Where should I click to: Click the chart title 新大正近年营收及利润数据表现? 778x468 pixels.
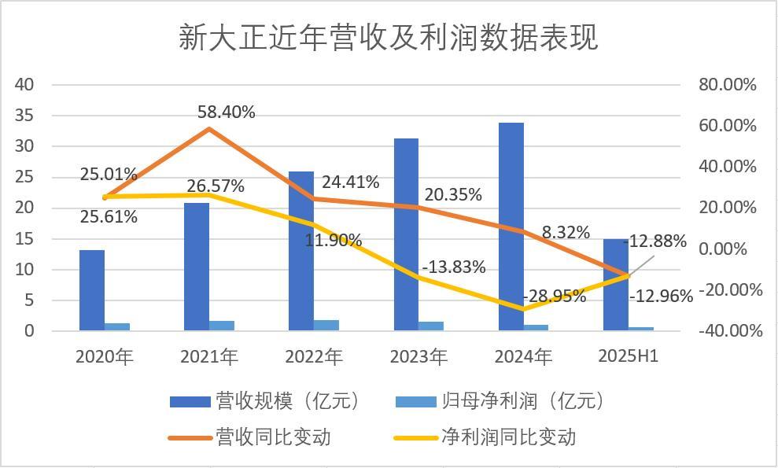(x=388, y=37)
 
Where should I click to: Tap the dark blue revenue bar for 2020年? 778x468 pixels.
(x=92, y=290)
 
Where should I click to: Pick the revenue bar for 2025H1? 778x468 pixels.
(x=615, y=285)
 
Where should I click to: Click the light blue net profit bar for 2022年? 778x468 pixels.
(x=326, y=325)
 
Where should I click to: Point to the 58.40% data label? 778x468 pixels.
(x=227, y=112)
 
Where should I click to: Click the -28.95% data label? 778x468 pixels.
(x=554, y=297)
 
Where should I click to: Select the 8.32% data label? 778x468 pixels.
(x=566, y=232)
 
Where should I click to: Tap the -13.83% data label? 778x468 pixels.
(x=453, y=267)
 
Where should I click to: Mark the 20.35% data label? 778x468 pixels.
(x=453, y=195)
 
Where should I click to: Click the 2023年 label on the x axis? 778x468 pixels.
(x=418, y=356)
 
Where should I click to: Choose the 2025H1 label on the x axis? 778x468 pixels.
(x=628, y=356)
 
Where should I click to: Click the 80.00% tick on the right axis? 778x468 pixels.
(x=728, y=85)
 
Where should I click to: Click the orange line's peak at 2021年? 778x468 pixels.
(x=209, y=128)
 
